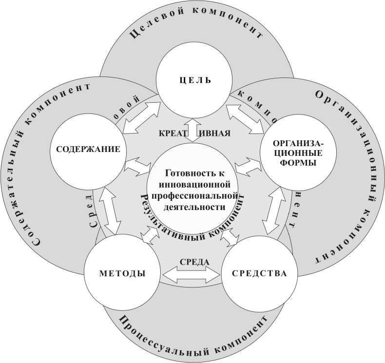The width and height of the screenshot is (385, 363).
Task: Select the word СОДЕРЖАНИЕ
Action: [85, 149]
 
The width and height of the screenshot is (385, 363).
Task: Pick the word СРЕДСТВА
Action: [260, 273]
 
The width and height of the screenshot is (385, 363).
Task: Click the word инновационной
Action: [194, 184]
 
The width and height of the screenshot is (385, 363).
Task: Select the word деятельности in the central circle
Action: [194, 206]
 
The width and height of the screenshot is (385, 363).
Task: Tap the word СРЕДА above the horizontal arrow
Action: [194, 262]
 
